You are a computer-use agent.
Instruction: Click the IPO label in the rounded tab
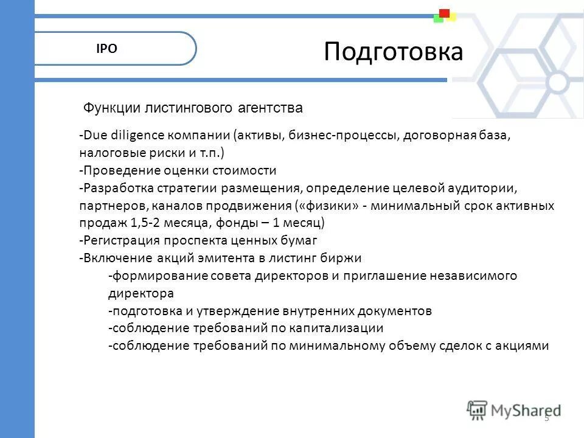click(x=106, y=49)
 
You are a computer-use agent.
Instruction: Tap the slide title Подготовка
click(x=393, y=52)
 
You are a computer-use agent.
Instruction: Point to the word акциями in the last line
click(x=520, y=346)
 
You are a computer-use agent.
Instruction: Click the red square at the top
click(x=444, y=13)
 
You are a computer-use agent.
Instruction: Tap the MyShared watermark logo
click(x=514, y=410)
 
